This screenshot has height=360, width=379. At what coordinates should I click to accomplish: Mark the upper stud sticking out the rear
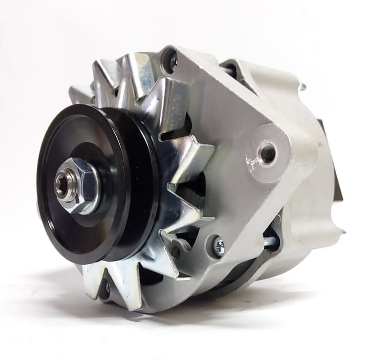[x=301, y=87]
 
